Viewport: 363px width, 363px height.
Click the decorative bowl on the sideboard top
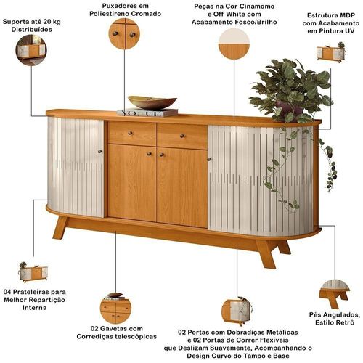(x=152, y=102)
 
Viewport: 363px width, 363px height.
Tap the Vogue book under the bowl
(x=147, y=113)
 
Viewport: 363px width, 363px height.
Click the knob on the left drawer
(x=130, y=133)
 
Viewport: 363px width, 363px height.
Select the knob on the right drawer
(x=182, y=136)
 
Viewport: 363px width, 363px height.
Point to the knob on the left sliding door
(x=100, y=152)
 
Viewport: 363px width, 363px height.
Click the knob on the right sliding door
(x=210, y=159)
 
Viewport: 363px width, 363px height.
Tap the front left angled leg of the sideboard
(x=60, y=227)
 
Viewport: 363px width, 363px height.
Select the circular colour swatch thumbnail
(x=234, y=44)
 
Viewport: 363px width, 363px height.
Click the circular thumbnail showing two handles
(x=124, y=34)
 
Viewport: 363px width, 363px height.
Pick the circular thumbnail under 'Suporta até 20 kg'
(x=31, y=50)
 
